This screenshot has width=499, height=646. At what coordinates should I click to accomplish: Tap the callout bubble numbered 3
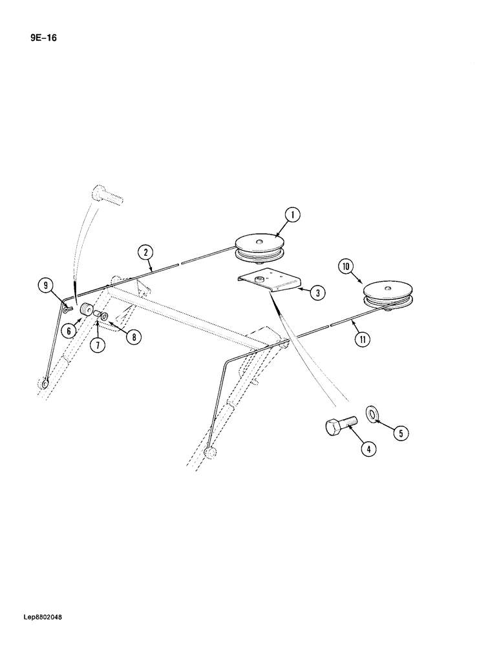click(317, 293)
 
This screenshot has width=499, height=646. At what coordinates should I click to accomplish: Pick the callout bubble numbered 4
click(367, 448)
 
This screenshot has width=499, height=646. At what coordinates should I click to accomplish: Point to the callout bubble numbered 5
click(400, 433)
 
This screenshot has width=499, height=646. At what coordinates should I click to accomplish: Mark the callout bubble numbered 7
click(97, 345)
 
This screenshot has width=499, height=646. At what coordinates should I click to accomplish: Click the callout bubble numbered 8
click(133, 336)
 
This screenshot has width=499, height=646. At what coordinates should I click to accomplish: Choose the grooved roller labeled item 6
click(86, 311)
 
